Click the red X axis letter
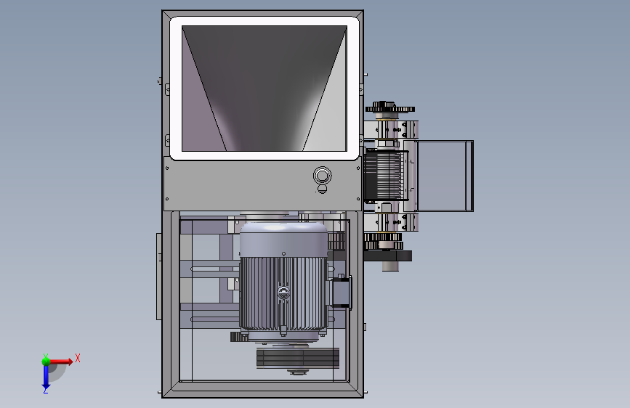(78, 358)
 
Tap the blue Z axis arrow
(46, 377)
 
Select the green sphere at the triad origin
(46, 362)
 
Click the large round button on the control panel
(322, 176)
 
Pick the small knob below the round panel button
(322, 189)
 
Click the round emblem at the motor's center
(283, 293)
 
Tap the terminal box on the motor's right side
(341, 292)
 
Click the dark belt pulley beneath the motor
(298, 358)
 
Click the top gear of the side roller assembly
(390, 108)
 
